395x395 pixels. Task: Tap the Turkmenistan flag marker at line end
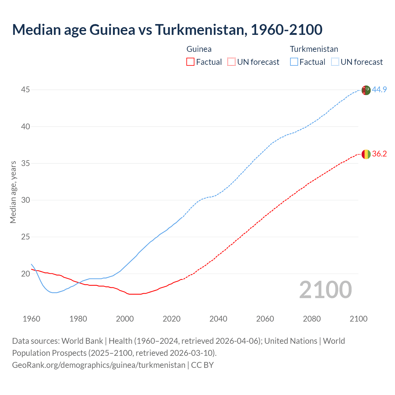click(366, 90)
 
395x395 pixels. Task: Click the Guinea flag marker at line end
click(366, 154)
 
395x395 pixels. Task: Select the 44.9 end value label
click(379, 90)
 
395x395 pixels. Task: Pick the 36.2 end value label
click(379, 154)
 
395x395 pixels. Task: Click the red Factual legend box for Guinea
click(190, 62)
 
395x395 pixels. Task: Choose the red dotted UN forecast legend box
click(231, 62)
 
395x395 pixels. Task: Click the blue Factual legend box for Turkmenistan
click(294, 62)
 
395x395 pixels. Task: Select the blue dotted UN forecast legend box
click(335, 62)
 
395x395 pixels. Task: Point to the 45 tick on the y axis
click(26, 90)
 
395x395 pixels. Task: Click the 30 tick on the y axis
click(26, 200)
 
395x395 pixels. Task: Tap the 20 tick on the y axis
click(26, 274)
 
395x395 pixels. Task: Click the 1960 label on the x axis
click(31, 319)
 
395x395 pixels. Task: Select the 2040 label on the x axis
click(218, 319)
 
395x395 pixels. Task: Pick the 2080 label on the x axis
click(312, 319)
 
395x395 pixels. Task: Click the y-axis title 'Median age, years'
click(13, 192)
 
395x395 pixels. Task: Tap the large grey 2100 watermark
click(325, 289)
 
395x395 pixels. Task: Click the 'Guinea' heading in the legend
click(199, 49)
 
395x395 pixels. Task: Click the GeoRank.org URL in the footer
click(98, 365)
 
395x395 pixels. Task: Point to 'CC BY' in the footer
click(202, 365)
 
